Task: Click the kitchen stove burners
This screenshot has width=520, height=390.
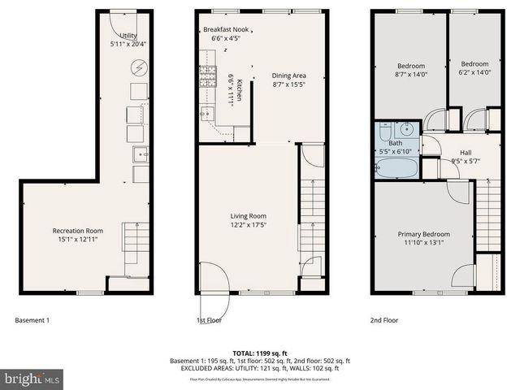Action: [206, 78]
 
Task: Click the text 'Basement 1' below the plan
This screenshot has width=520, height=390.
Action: [32, 320]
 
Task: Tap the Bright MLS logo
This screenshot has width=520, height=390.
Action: [31, 379]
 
